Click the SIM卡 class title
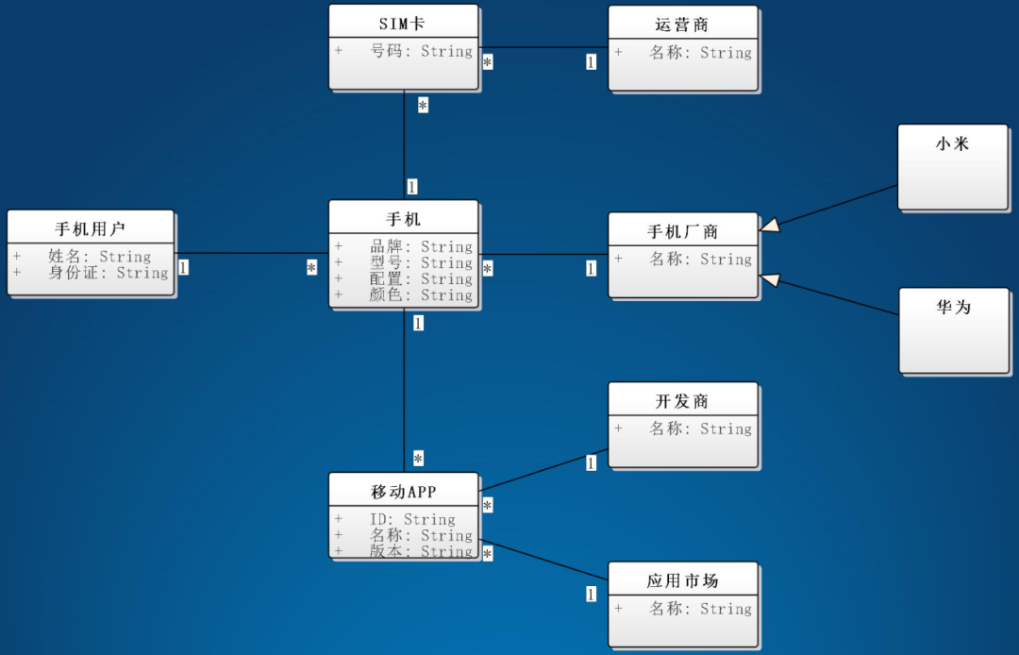point(404,24)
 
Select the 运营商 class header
point(682,25)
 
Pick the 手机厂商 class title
point(682,231)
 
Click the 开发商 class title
point(682,401)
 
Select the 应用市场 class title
point(682,580)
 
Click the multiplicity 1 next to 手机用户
point(183,267)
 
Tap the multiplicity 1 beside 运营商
point(591,62)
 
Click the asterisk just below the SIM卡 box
point(423,106)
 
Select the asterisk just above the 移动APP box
point(418,459)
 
